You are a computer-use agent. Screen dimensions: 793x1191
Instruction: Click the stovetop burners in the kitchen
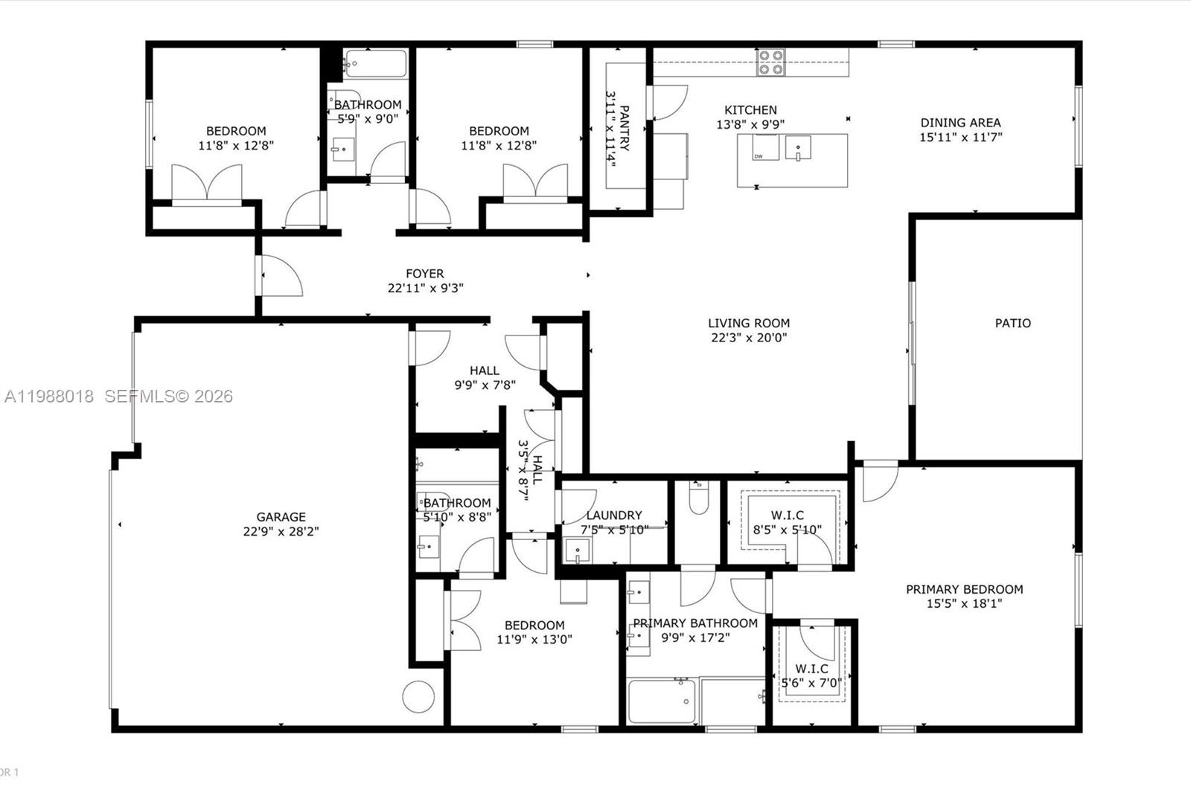pos(770,62)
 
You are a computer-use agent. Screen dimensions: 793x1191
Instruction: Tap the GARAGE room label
pos(281,517)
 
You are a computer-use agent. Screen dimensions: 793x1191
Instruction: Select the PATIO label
pos(1012,323)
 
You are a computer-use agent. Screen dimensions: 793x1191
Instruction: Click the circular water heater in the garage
pos(418,697)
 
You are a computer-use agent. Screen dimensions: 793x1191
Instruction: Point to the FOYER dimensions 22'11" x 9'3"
pos(425,288)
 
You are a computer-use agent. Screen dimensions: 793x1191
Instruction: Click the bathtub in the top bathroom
pos(375,64)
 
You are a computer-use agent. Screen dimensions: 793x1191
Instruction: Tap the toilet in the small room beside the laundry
pos(698,498)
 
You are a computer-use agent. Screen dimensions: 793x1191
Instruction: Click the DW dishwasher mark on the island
pos(759,156)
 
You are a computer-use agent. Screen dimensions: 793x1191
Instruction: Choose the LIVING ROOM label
pos(748,323)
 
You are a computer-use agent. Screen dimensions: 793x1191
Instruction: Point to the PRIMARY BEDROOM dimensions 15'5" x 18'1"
pos(964,603)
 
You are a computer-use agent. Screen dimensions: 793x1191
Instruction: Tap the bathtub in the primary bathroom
pos(661,701)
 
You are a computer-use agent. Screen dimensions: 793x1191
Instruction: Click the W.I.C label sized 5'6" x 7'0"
pos(811,675)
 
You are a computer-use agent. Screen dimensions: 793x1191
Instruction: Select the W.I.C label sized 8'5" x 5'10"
pos(787,522)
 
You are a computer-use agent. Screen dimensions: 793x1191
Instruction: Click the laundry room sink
pos(577,551)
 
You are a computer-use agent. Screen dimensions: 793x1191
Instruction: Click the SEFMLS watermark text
pos(168,396)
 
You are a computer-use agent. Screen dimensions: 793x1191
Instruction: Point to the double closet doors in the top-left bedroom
pos(207,183)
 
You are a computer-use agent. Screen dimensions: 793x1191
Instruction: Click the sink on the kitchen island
pos(797,147)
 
